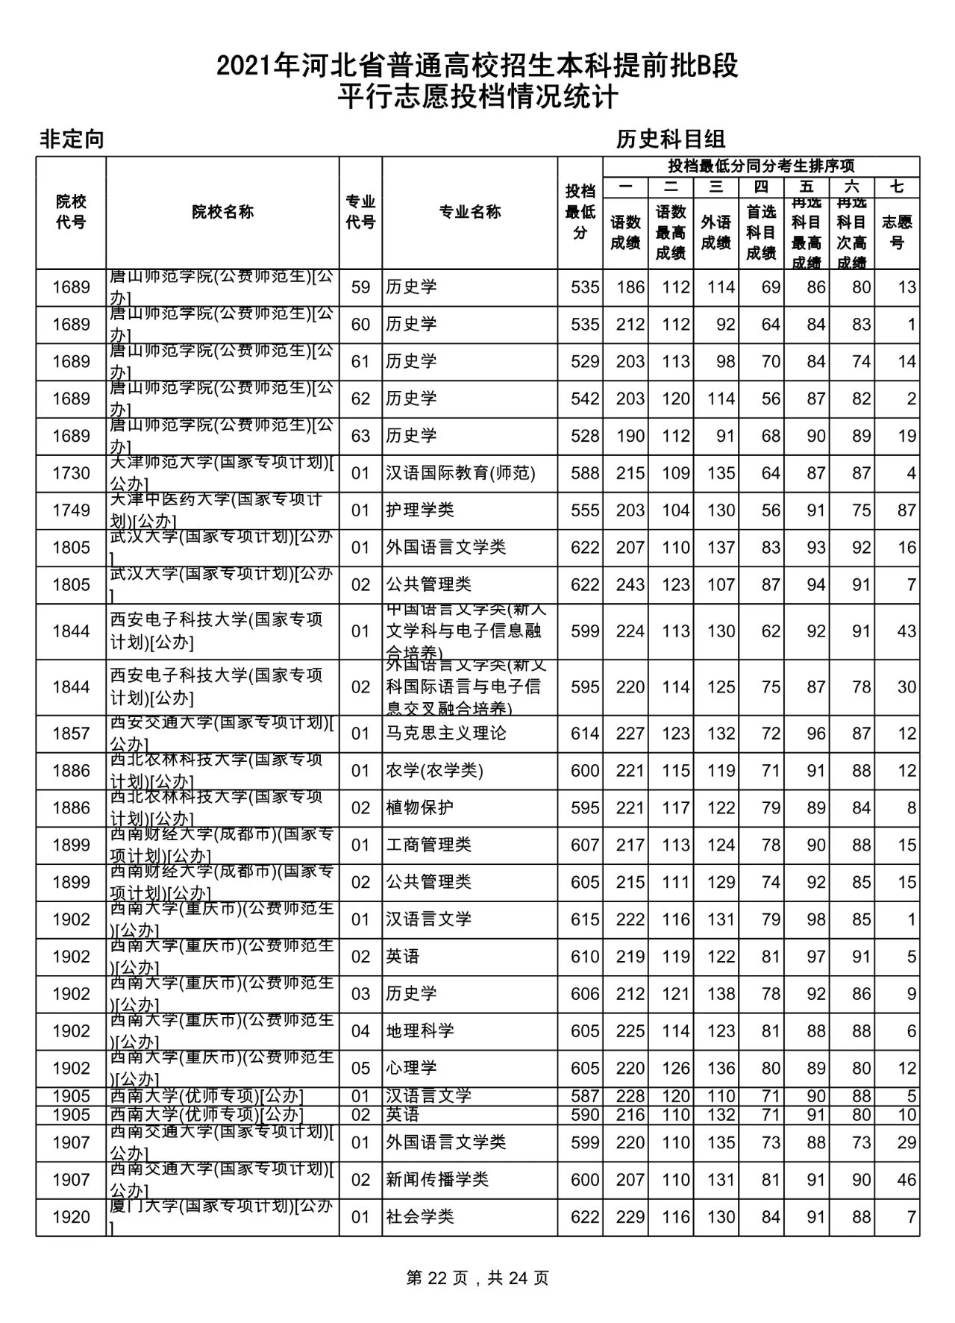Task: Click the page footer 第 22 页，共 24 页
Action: (477, 1278)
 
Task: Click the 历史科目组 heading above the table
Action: (671, 139)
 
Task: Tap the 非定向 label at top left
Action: (72, 139)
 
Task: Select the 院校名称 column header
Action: (222, 212)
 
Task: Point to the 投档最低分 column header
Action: (580, 212)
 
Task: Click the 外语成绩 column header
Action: (716, 232)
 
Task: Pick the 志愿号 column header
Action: (897, 232)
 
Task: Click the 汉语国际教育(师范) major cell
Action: (460, 473)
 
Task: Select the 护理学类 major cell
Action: (420, 510)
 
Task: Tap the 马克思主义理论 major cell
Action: (446, 734)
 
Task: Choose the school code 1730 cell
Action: (71, 473)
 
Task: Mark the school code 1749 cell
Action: (71, 510)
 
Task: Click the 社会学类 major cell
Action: (420, 1217)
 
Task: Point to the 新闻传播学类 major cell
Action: (437, 1180)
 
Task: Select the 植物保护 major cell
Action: (420, 808)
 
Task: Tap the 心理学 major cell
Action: (411, 1069)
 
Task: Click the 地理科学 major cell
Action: (420, 1031)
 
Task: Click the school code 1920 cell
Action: (71, 1217)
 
